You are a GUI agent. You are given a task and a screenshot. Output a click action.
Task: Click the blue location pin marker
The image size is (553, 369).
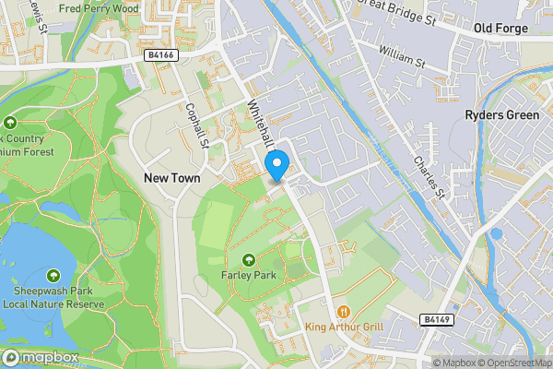point(277,166)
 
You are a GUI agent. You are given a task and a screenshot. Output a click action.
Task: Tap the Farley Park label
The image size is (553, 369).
point(250,274)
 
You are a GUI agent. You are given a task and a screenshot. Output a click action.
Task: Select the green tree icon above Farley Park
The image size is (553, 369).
point(250,257)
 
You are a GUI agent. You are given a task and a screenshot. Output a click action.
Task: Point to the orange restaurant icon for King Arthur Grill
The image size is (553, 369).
point(344,312)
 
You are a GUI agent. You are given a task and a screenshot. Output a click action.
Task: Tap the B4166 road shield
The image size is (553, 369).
point(160,55)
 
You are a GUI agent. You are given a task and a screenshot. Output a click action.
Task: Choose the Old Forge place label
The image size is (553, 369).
point(500,29)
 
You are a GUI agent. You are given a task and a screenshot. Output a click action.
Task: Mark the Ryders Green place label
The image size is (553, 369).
point(500,115)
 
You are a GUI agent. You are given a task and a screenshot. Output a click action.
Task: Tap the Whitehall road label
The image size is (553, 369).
point(261,125)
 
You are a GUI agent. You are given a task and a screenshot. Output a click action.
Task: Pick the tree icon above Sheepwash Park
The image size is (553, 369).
point(53,276)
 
